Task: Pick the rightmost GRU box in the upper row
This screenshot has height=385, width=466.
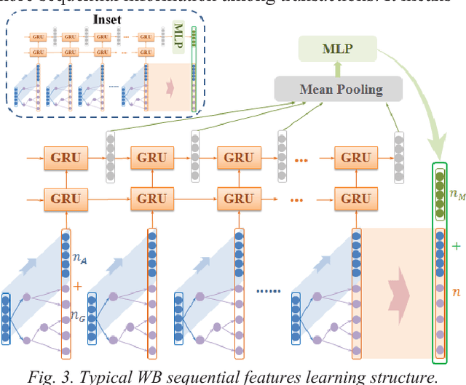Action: pyautogui.click(x=356, y=157)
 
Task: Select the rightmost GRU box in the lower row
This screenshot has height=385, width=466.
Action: pyautogui.click(x=356, y=197)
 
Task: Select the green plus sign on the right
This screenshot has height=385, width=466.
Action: pyautogui.click(x=457, y=246)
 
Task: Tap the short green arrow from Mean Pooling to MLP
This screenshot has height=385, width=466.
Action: pyautogui.click(x=337, y=70)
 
